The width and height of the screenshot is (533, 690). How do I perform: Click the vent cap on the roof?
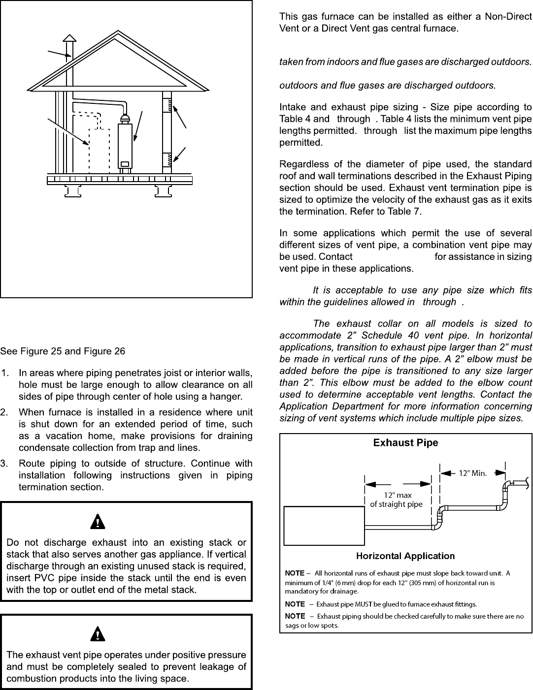point(70,38)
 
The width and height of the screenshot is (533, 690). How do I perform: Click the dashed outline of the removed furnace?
point(99,150)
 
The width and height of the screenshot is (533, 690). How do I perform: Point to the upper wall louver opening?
point(167,105)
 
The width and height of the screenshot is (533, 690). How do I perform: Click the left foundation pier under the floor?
point(72,190)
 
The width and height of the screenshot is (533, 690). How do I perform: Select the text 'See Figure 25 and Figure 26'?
point(63,351)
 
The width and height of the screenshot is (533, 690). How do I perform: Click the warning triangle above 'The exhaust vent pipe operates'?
point(100,634)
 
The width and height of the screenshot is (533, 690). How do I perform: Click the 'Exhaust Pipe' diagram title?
point(405,442)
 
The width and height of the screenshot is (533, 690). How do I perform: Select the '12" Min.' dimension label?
point(473,473)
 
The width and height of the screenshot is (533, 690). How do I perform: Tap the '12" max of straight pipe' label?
point(397,500)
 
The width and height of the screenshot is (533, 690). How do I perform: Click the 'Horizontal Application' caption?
point(405,556)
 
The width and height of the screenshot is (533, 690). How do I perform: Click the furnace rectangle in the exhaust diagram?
point(324,526)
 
